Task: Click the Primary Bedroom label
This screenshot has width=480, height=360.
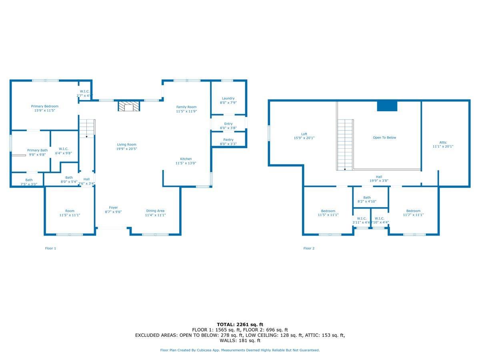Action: point(45,106)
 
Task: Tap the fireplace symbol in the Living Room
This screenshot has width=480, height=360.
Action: point(129,106)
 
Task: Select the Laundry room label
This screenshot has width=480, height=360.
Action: point(228,98)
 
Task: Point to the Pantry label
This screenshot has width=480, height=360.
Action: point(228,140)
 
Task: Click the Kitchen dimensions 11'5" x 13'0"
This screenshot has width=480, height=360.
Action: point(186,163)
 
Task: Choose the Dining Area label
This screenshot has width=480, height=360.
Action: point(155,211)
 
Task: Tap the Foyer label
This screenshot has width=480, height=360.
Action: point(114,208)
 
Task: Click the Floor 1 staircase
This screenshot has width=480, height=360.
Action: point(87,128)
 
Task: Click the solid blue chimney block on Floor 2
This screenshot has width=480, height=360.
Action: point(387,106)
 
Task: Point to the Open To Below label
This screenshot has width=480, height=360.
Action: point(384,138)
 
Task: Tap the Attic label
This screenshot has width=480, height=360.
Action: point(443,142)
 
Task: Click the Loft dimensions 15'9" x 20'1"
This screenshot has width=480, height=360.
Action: point(304,138)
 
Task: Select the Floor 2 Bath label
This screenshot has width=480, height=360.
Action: point(367,198)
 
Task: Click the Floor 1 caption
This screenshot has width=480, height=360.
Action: point(50,248)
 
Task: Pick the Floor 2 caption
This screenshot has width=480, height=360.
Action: point(309,248)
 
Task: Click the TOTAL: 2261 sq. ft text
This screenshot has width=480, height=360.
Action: point(240,324)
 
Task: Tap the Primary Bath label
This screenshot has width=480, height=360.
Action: point(37,150)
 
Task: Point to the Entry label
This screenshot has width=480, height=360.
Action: point(228,124)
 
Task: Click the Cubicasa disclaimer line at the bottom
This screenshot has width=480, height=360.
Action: point(240,350)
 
